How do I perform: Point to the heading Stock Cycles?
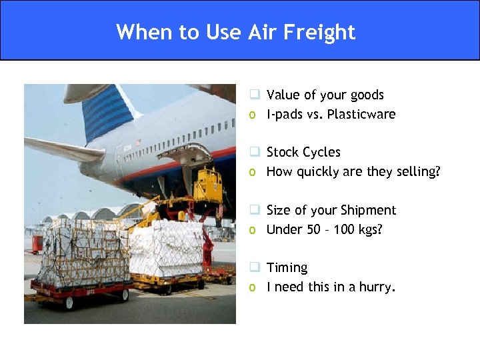click(x=303, y=152)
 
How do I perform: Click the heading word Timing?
click(x=287, y=267)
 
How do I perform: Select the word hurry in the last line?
click(x=376, y=287)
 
